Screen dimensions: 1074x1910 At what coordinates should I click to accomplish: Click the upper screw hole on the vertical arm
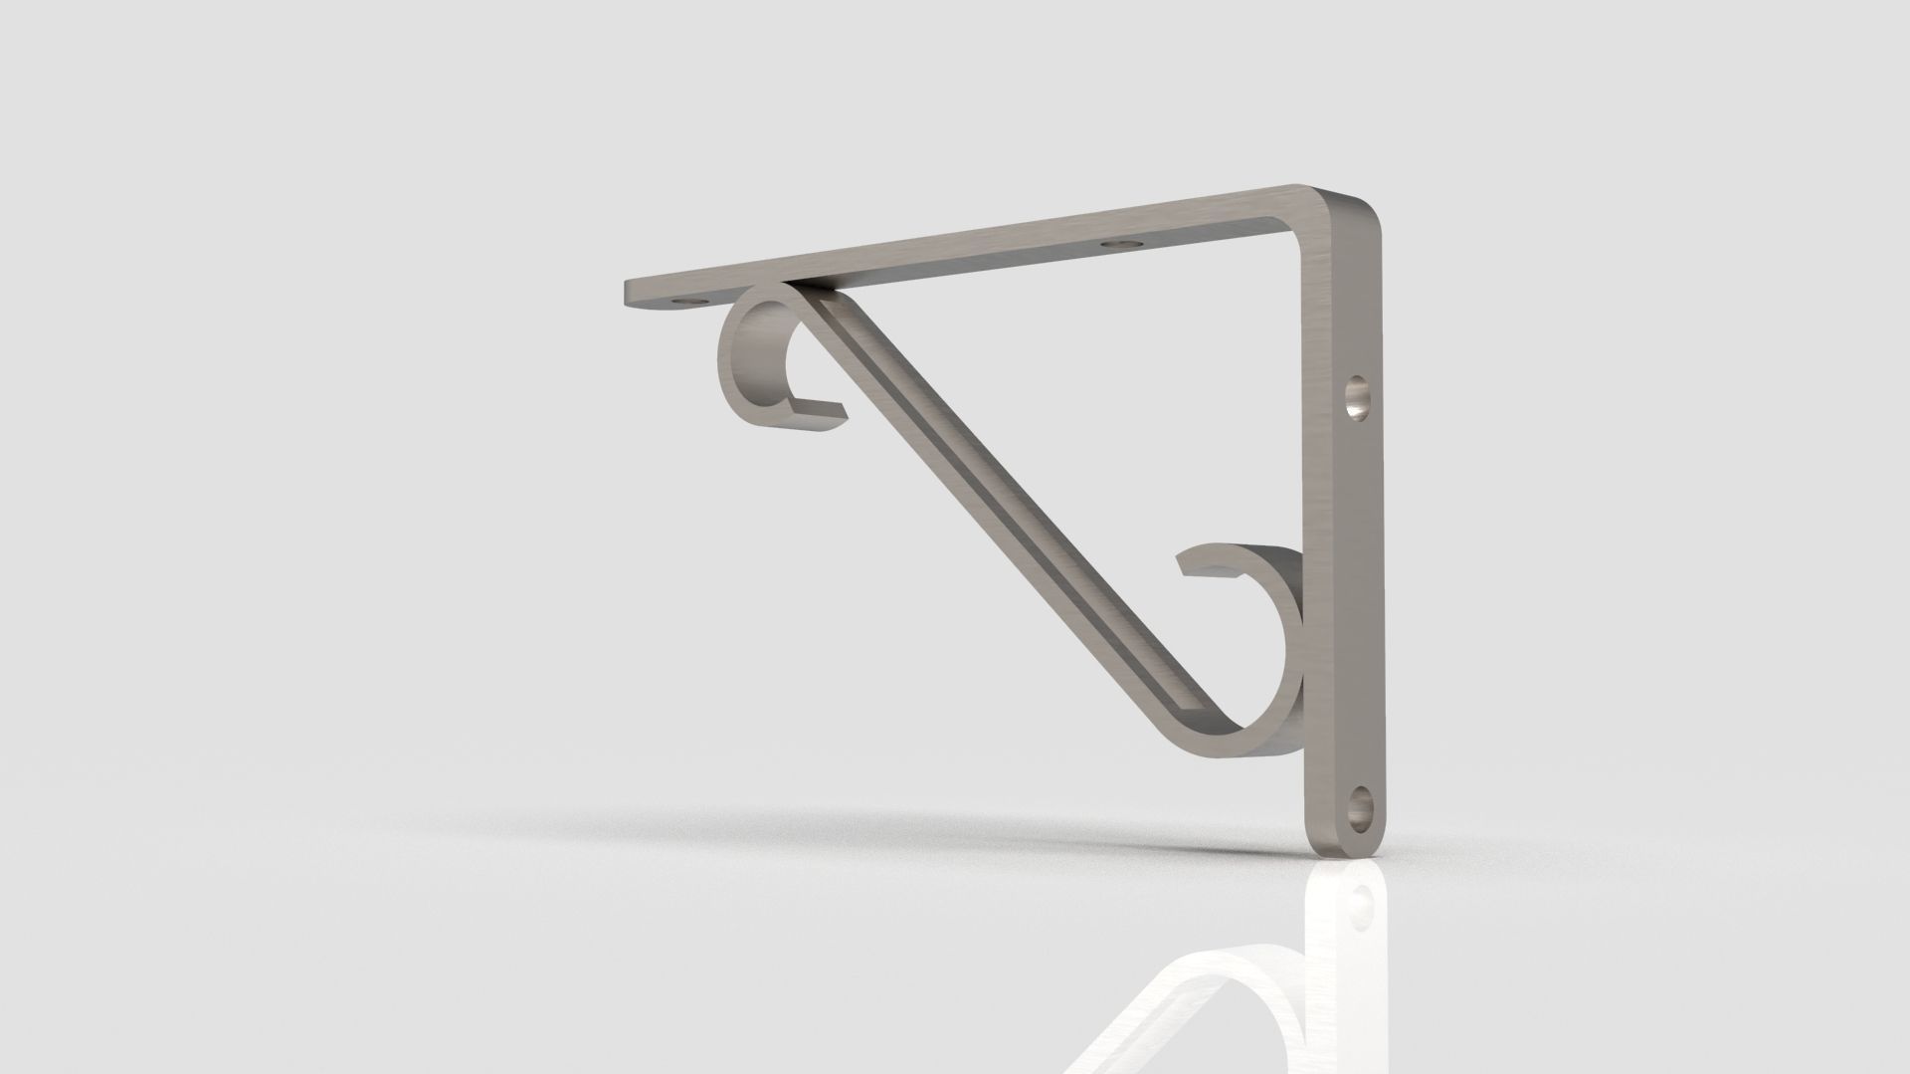pyautogui.click(x=1355, y=399)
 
